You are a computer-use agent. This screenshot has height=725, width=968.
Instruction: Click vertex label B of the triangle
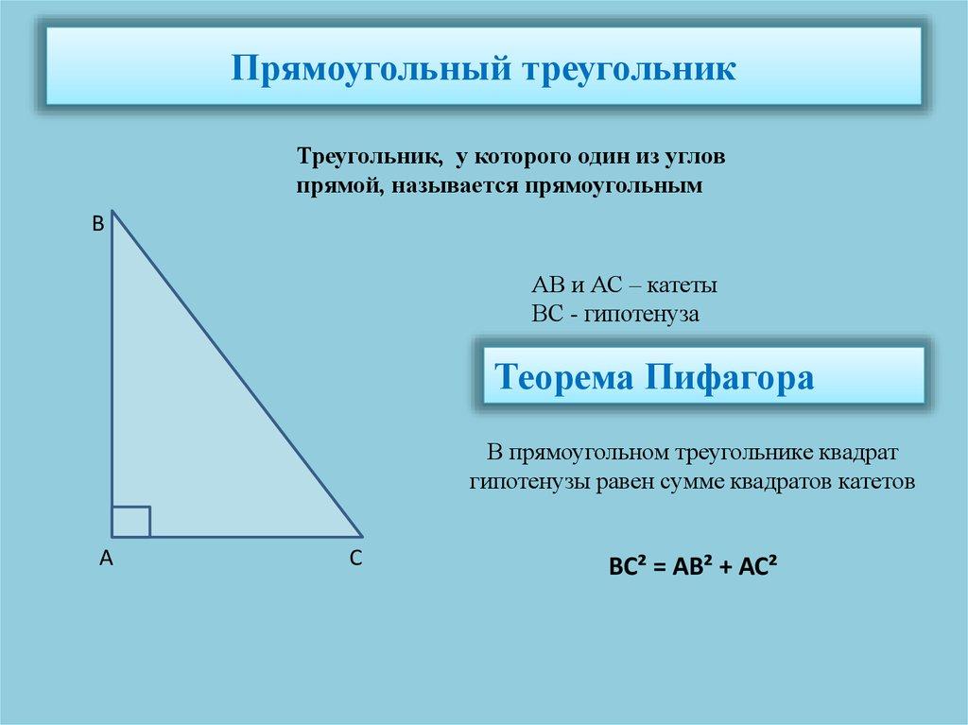(97, 225)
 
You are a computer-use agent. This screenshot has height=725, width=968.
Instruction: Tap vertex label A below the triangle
(107, 560)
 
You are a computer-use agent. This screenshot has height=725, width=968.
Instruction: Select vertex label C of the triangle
(355, 560)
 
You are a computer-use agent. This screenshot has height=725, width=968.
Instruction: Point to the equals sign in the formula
(659, 568)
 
